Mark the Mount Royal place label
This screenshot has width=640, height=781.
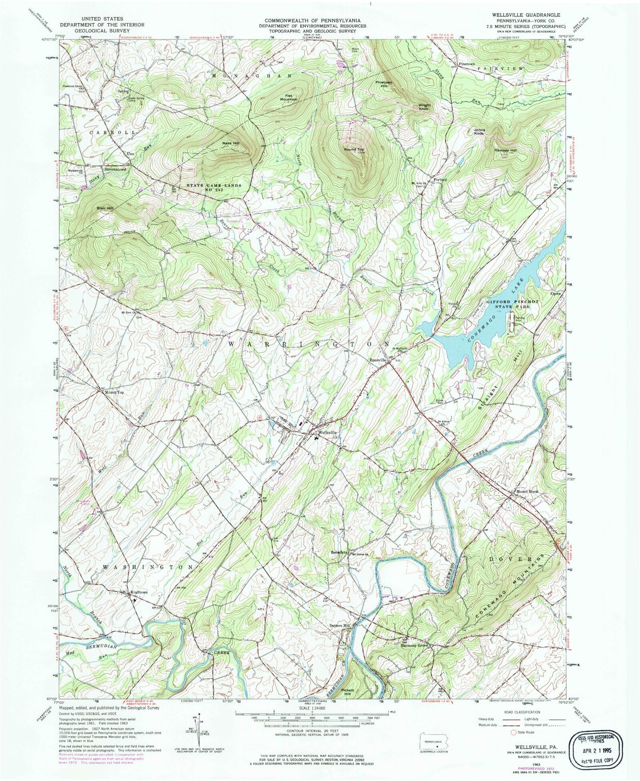(x=527, y=491)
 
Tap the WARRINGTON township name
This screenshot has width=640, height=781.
(x=309, y=344)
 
